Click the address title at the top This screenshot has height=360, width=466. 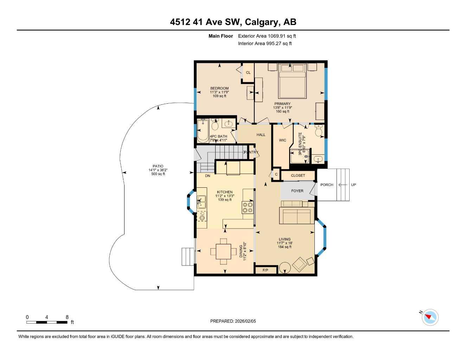(233, 22)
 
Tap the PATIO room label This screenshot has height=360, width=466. (158, 166)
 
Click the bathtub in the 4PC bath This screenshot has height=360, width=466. (203, 130)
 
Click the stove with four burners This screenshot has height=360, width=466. (247, 207)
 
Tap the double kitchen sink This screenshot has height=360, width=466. (202, 202)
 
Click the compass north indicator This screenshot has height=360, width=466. (429, 317)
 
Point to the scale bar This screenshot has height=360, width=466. (47, 322)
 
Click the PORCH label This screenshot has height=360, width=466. (327, 185)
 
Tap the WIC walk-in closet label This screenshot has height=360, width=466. (282, 140)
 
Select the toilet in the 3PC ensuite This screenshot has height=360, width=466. (319, 131)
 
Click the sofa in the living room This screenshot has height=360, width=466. (296, 216)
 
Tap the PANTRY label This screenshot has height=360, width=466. (251, 152)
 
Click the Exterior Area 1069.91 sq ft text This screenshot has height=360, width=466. (267, 36)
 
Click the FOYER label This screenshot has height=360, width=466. (297, 191)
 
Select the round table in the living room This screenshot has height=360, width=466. (285, 268)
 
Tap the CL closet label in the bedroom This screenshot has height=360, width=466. (248, 73)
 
